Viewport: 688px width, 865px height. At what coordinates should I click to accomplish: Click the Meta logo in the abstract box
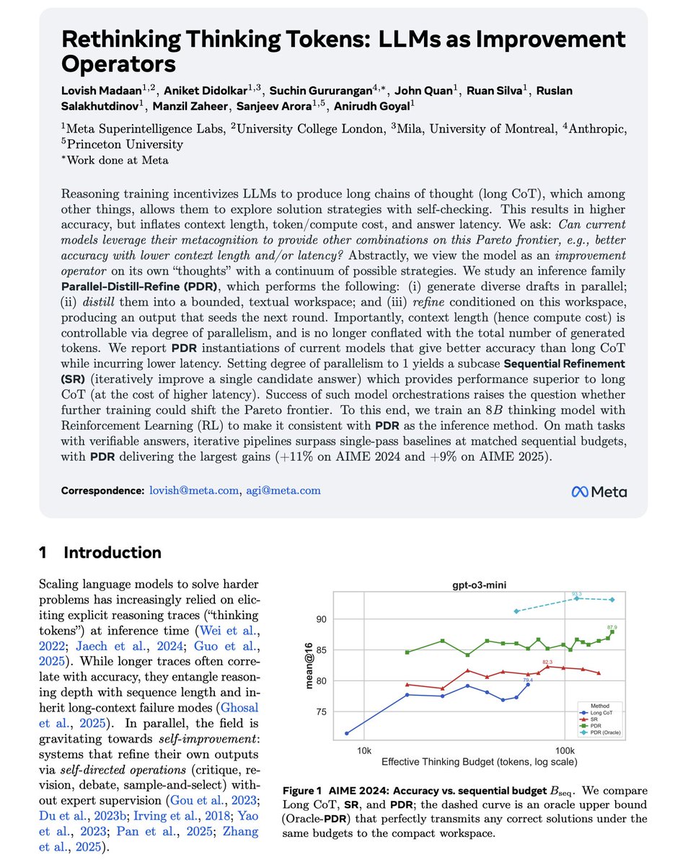coord(599,492)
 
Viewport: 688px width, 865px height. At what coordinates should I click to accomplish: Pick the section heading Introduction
coord(112,553)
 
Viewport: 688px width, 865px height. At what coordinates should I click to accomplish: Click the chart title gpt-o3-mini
coord(472,586)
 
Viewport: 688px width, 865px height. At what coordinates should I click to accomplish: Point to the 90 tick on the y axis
coord(322,620)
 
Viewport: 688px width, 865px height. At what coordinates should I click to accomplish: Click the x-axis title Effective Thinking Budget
coord(472,760)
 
